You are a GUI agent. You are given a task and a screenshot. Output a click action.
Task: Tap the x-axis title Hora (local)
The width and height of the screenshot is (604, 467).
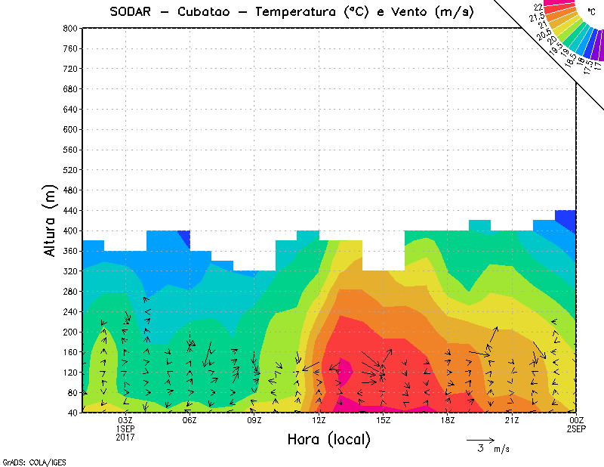[x=328, y=439]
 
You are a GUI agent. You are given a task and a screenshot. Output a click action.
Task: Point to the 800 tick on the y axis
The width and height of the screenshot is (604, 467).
[x=69, y=28]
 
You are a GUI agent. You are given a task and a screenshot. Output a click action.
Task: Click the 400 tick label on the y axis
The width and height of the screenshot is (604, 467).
[x=69, y=230]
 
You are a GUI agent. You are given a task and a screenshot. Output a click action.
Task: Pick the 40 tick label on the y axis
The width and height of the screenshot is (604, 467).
[x=72, y=413]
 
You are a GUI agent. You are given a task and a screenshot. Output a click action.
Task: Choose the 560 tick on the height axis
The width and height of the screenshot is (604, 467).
[x=69, y=150]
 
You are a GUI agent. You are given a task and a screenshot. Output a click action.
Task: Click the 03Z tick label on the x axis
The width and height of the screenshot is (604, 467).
[x=125, y=420]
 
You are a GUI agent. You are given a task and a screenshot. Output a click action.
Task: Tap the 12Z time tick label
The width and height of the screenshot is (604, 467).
[x=319, y=420]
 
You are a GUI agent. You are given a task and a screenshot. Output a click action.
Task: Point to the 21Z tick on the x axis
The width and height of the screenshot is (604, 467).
[x=512, y=420]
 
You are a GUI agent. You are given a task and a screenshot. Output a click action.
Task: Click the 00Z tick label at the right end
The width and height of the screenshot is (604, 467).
[x=576, y=420]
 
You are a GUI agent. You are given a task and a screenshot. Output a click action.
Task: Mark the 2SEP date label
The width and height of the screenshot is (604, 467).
[x=576, y=428]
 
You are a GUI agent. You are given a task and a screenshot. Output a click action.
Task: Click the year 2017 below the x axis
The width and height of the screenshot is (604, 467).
[x=125, y=437]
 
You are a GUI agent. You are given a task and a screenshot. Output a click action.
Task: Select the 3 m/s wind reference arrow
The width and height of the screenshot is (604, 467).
[x=480, y=439]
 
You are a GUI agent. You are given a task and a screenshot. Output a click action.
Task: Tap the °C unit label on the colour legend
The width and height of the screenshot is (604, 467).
[x=591, y=13]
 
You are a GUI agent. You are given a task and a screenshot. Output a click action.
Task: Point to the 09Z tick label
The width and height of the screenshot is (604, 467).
[x=254, y=420]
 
